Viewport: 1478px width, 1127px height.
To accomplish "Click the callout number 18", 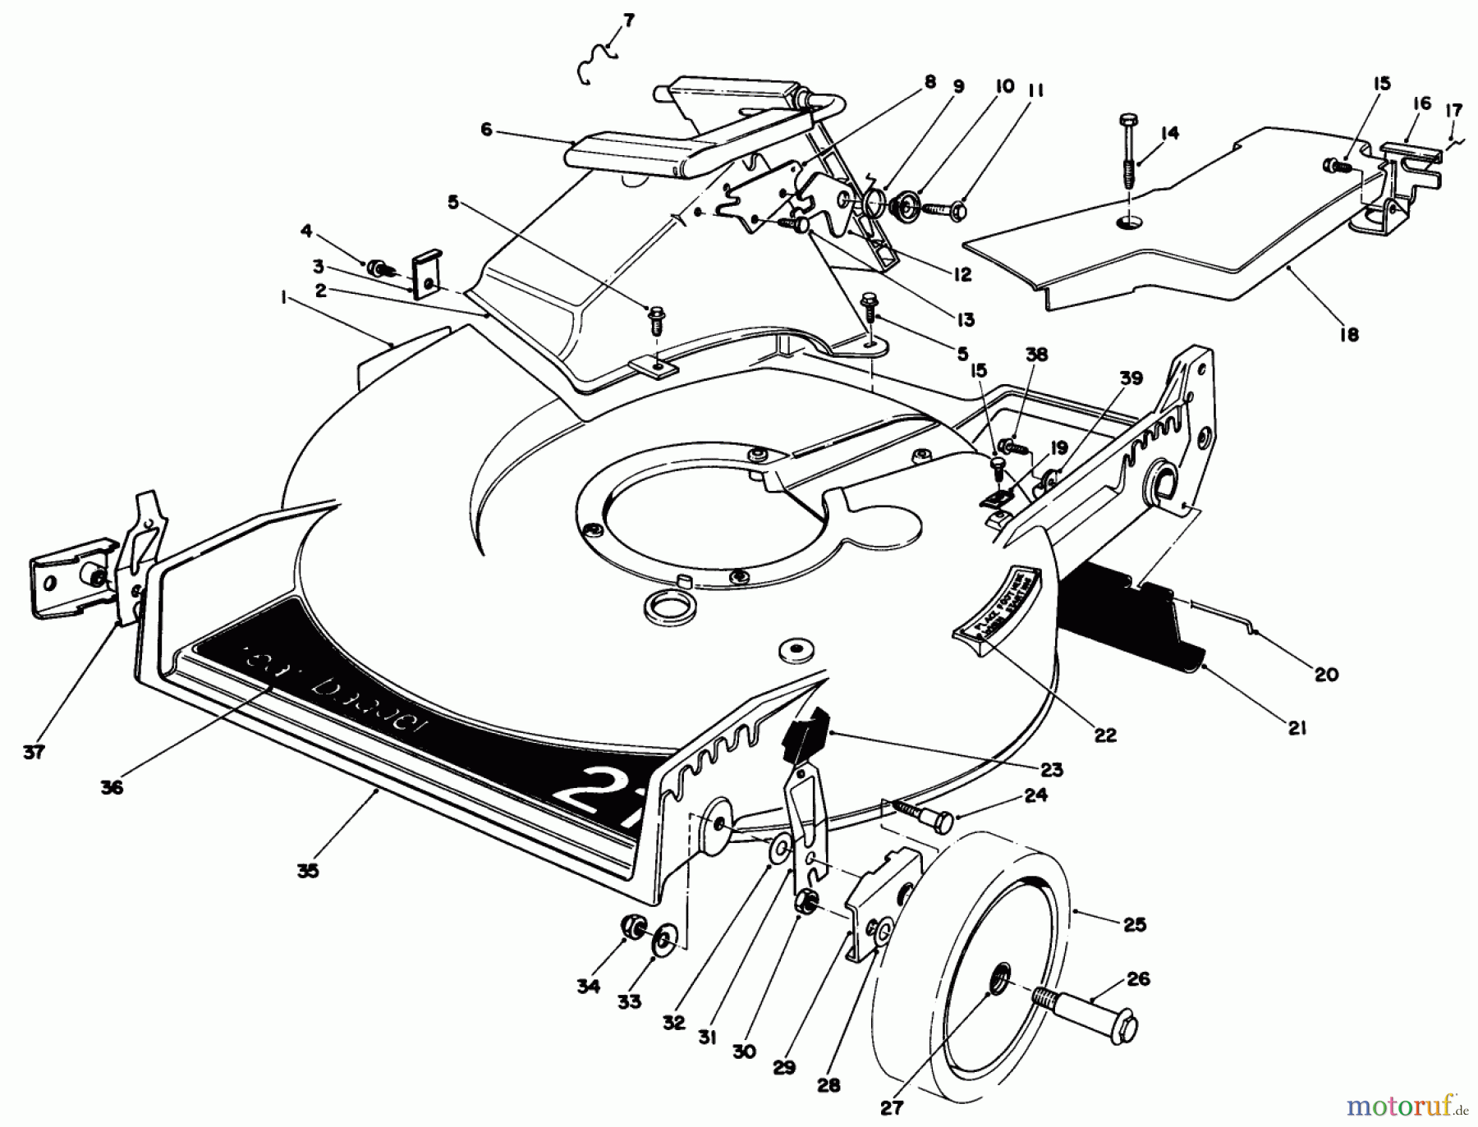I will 1349,333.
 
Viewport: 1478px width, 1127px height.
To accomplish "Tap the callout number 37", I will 34,752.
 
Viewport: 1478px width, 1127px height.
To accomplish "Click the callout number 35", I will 308,871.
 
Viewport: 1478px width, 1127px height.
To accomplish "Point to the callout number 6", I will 487,130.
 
